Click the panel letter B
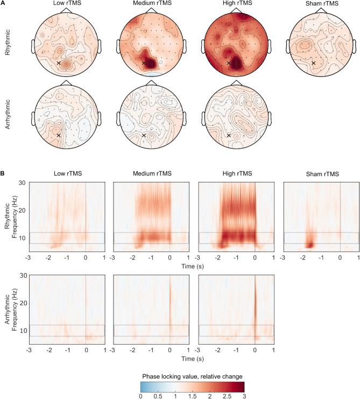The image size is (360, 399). [3, 175]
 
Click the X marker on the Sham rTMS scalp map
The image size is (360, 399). [313, 63]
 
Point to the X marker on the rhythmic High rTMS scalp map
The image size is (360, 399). [229, 63]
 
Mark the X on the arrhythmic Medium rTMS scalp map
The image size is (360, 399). [144, 135]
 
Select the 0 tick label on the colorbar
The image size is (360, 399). [140, 395]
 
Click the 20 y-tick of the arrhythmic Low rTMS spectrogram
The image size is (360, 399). [23, 304]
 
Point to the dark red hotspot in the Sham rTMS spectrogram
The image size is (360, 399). [309, 244]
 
